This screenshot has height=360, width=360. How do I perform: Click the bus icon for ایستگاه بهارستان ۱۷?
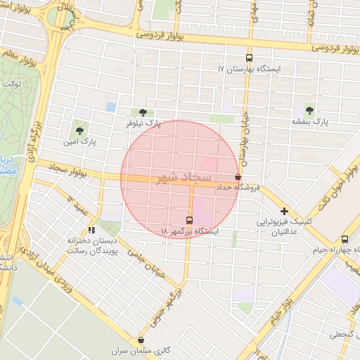pyautogui.click(x=248, y=58)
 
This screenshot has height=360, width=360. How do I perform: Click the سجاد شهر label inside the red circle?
pyautogui.click(x=180, y=176)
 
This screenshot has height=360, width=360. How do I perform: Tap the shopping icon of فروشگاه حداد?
pyautogui.click(x=238, y=177)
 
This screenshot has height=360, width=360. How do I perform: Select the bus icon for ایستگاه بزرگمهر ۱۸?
pyautogui.click(x=189, y=219)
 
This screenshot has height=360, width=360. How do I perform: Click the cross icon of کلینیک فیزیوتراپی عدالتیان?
pyautogui.click(x=284, y=211)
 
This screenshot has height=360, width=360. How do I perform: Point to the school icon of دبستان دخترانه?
pyautogui.click(x=91, y=230)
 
